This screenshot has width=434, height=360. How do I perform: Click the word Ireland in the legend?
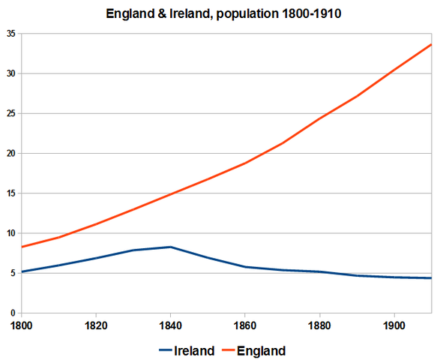coord(195,350)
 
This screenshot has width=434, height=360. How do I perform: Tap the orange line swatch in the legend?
coord(231,350)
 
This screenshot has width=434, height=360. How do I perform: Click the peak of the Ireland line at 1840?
coord(171,247)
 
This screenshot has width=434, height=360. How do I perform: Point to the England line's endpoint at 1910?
coord(431,44)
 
